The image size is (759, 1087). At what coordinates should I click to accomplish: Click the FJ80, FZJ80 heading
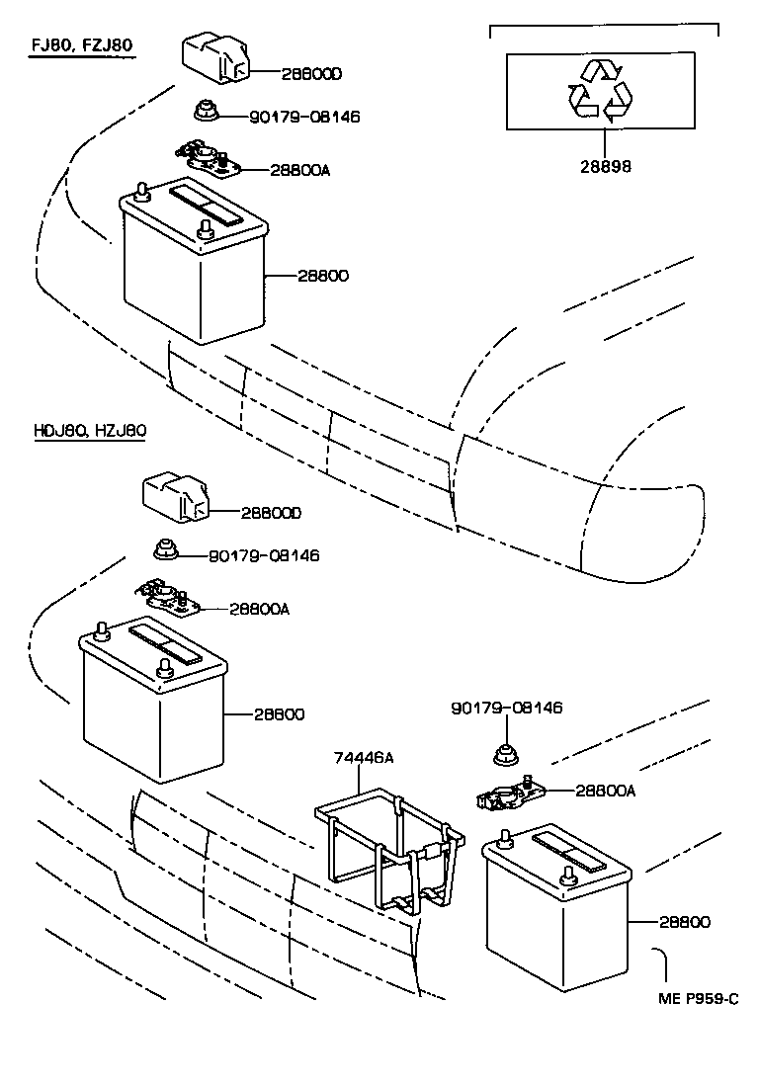click(x=80, y=45)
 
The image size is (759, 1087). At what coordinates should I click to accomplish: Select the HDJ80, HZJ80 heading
click(x=90, y=431)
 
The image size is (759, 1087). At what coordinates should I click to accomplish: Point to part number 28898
click(x=605, y=167)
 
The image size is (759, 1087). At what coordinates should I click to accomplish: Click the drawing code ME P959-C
click(x=699, y=999)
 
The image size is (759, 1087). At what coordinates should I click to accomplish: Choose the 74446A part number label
click(x=362, y=757)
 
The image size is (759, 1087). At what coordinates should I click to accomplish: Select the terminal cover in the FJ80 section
click(x=213, y=56)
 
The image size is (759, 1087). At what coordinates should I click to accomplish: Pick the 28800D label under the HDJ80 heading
click(x=271, y=513)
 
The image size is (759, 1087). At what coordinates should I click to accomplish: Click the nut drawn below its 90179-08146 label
click(x=504, y=754)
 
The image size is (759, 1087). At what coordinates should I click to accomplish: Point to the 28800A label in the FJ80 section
click(x=299, y=170)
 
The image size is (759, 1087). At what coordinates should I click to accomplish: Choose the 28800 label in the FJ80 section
click(x=322, y=275)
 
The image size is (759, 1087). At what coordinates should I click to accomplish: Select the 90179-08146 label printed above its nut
click(x=506, y=709)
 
